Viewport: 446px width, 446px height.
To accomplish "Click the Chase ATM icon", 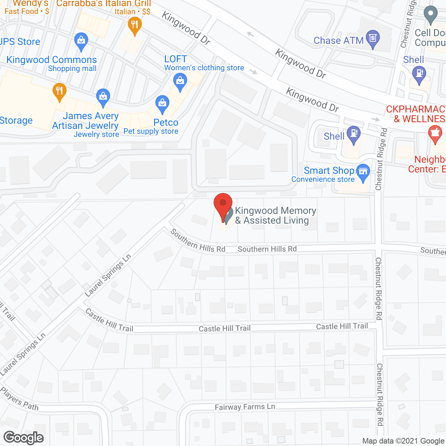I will coord(373,38).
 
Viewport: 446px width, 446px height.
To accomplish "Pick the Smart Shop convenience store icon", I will coord(363,172).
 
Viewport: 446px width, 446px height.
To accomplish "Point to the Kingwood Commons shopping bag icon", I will coord(81,41).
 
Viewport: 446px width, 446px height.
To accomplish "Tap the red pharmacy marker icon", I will coord(435,134).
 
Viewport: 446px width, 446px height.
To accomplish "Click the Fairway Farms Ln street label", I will coord(245,407).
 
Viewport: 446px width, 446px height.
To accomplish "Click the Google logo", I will coord(24,438).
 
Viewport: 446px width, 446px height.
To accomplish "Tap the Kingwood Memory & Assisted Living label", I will coord(275,215).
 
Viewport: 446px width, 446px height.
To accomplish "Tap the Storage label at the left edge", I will coord(16,121).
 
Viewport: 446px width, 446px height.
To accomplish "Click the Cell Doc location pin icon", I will coord(431,15).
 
